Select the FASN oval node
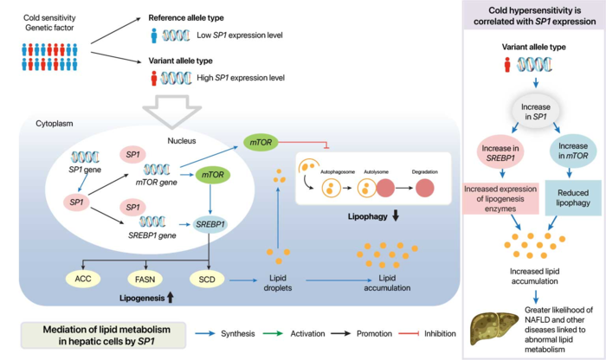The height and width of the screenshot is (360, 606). pos(145,280)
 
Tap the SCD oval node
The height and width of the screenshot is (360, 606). pos(208,280)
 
